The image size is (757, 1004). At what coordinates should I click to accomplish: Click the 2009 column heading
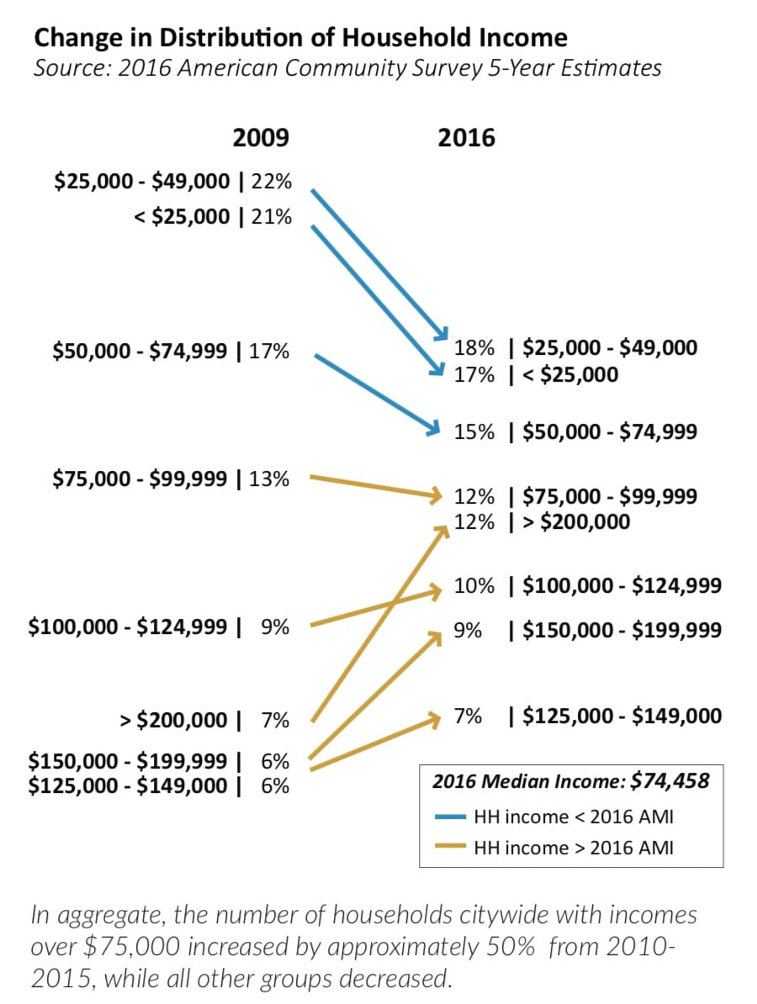tap(261, 138)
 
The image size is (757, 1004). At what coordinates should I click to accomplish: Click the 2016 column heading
tap(466, 138)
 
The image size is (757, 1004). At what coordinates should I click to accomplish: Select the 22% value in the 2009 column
tap(271, 182)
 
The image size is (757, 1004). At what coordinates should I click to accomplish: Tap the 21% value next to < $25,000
tap(271, 217)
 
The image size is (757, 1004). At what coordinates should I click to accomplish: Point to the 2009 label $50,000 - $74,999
tap(140, 351)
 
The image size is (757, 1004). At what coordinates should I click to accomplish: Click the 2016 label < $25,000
tap(570, 374)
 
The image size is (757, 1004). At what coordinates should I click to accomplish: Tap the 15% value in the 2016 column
tap(474, 432)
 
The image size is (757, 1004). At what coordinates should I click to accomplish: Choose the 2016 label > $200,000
tap(576, 522)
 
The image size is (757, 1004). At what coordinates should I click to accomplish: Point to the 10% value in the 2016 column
tap(474, 586)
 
